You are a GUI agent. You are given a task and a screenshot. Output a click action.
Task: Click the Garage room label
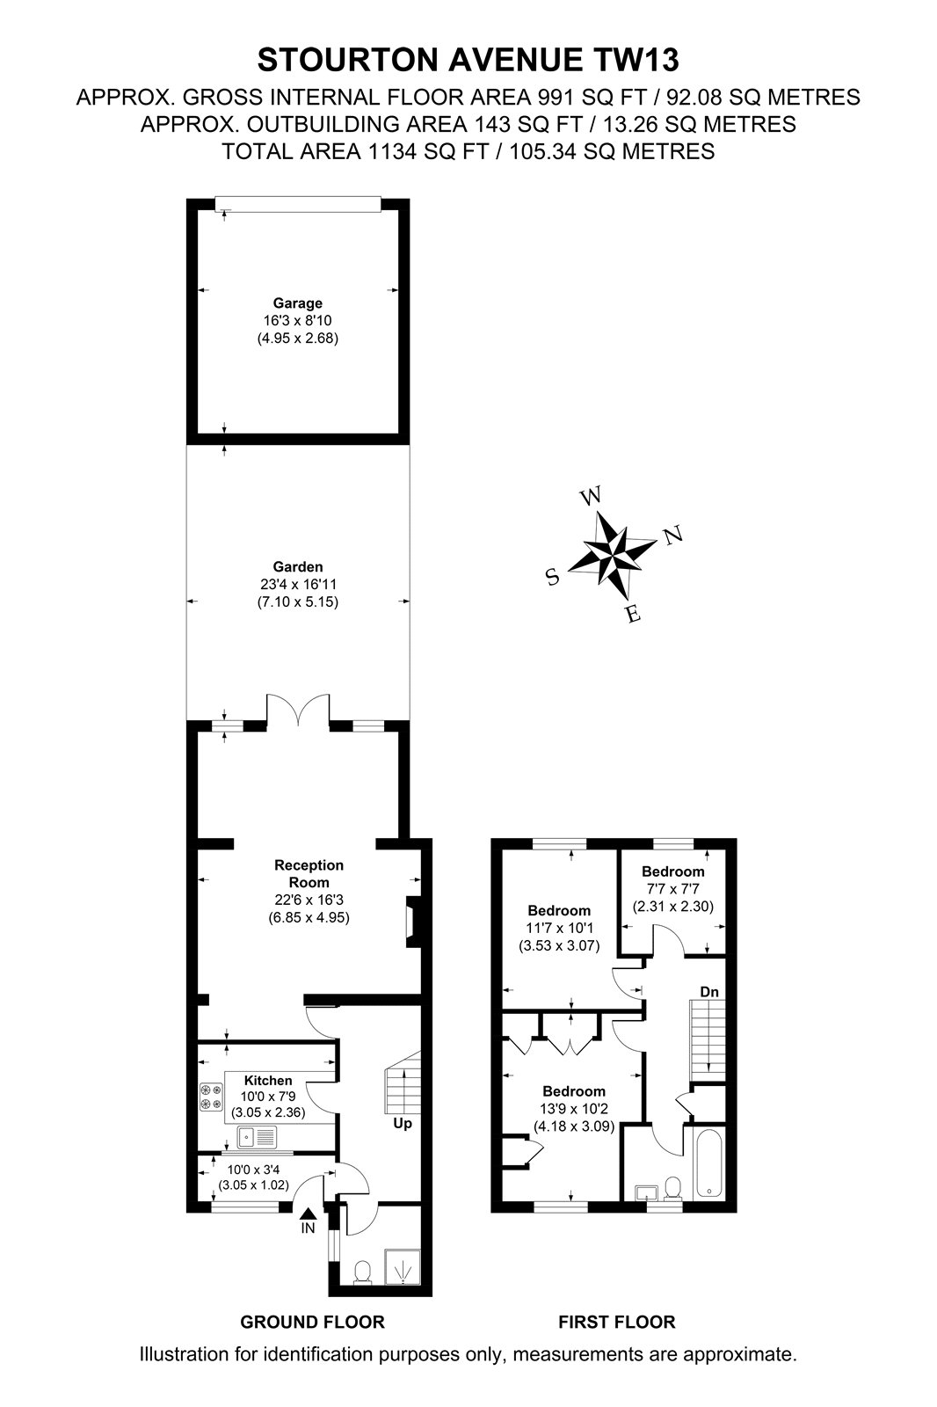(x=298, y=303)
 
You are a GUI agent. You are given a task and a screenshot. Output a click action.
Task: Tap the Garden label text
(x=298, y=566)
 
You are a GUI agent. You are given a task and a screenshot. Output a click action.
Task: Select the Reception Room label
(x=309, y=874)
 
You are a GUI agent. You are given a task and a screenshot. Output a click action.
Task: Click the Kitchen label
(x=268, y=1081)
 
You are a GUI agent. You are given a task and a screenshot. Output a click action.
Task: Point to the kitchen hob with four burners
(x=211, y=1096)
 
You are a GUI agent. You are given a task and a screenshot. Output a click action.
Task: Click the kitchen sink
(x=257, y=1136)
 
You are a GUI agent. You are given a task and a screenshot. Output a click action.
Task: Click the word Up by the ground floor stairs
(x=403, y=1123)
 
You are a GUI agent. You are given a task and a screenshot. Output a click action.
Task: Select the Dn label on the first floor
(x=709, y=992)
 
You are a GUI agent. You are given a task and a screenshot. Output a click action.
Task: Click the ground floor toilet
(x=362, y=1271)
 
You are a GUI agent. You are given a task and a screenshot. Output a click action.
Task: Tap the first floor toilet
(x=673, y=1186)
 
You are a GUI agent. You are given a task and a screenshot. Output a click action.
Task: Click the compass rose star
(x=613, y=553)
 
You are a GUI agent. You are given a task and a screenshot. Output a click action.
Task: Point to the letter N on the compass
(x=672, y=536)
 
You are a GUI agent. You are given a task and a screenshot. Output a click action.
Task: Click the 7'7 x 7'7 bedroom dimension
(x=673, y=889)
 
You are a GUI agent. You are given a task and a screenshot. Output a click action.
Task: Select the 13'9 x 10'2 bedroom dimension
(x=574, y=1109)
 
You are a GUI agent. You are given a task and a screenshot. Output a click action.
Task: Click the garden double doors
(x=298, y=711)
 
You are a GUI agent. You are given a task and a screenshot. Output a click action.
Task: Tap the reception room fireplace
(x=412, y=922)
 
